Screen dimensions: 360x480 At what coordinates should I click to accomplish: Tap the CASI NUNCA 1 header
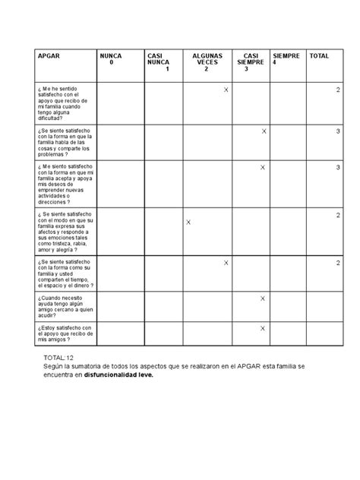tap(159, 64)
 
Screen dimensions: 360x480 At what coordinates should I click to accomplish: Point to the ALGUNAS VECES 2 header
tap(206, 64)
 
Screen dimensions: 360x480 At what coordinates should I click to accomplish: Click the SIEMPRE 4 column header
tap(286, 60)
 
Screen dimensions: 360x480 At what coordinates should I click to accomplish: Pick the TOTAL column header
tap(319, 57)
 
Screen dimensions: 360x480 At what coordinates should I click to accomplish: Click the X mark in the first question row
tap(226, 90)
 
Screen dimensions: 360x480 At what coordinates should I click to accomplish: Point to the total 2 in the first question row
tap(336, 90)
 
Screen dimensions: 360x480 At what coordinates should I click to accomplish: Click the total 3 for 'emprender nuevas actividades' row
tap(336, 167)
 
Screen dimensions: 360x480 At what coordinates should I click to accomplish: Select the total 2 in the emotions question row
tap(336, 216)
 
